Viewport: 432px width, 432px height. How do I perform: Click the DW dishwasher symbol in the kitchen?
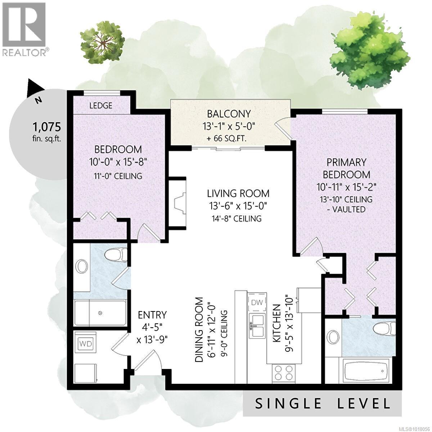[x=256, y=302]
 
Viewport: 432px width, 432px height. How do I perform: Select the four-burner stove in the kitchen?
[x=285, y=372]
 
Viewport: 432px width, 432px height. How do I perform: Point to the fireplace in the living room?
[x=179, y=203]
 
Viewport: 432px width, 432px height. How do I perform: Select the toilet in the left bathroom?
[x=115, y=255]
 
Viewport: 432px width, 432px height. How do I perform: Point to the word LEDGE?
[x=100, y=105]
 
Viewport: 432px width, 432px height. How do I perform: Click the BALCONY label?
[x=229, y=114]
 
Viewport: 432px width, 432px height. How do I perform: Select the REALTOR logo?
[x=24, y=29]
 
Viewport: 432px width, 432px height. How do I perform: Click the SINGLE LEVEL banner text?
[x=323, y=403]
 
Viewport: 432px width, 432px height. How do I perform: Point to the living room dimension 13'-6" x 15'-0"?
[x=238, y=206]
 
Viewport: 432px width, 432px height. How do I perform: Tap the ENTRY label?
[x=152, y=315]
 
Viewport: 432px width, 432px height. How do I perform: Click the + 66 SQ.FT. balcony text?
[x=229, y=139]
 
